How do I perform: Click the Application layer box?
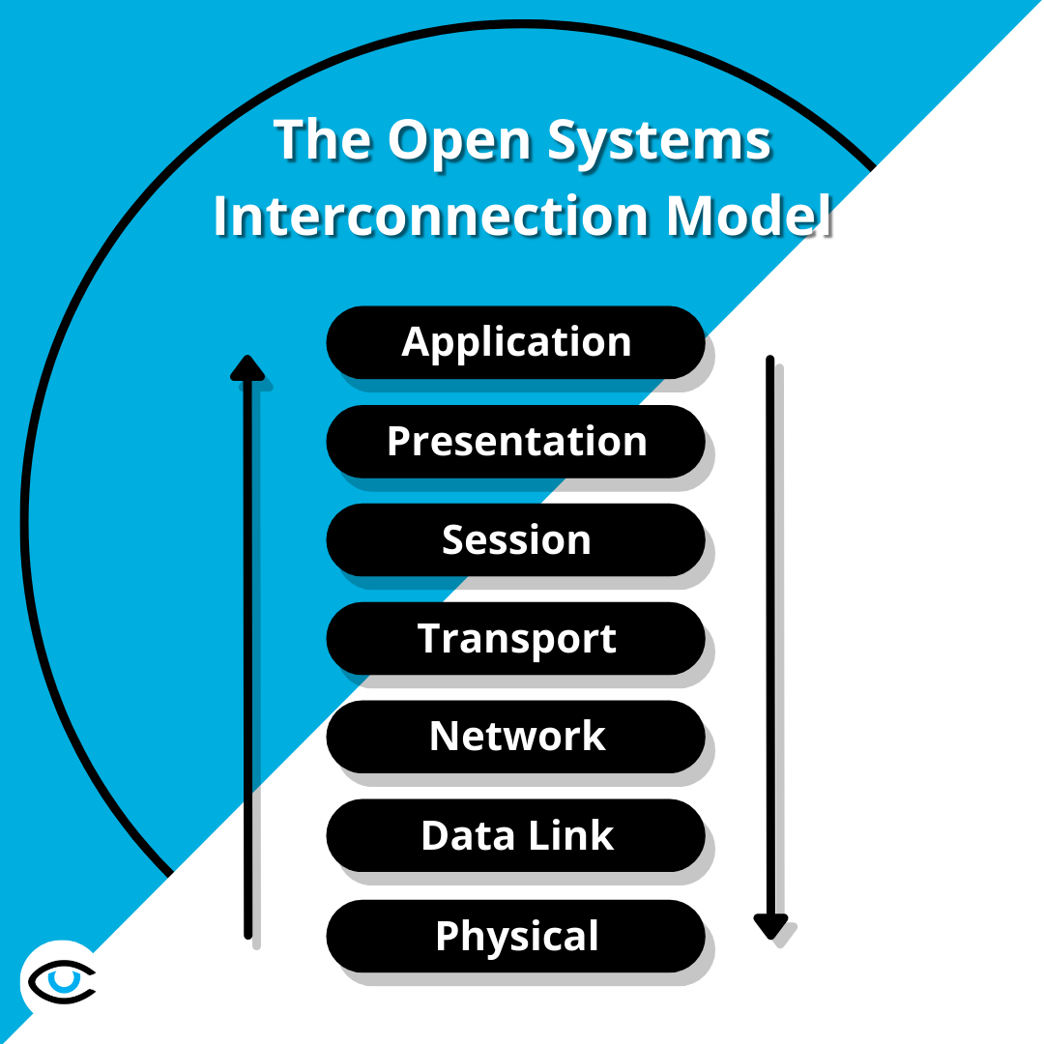coord(515,342)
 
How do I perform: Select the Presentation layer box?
coord(515,441)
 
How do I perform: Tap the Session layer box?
coord(515,539)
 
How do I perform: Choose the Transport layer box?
coord(515,638)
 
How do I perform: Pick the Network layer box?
coord(515,737)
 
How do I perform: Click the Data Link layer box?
coord(515,835)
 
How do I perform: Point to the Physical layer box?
coord(515,936)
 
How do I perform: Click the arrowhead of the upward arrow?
coord(247,367)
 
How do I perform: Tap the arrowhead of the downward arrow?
coord(770,926)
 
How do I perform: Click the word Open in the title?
coord(448,141)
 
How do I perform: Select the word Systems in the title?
coord(659,141)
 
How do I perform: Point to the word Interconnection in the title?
coord(431,217)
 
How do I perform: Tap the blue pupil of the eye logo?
coord(64,978)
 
